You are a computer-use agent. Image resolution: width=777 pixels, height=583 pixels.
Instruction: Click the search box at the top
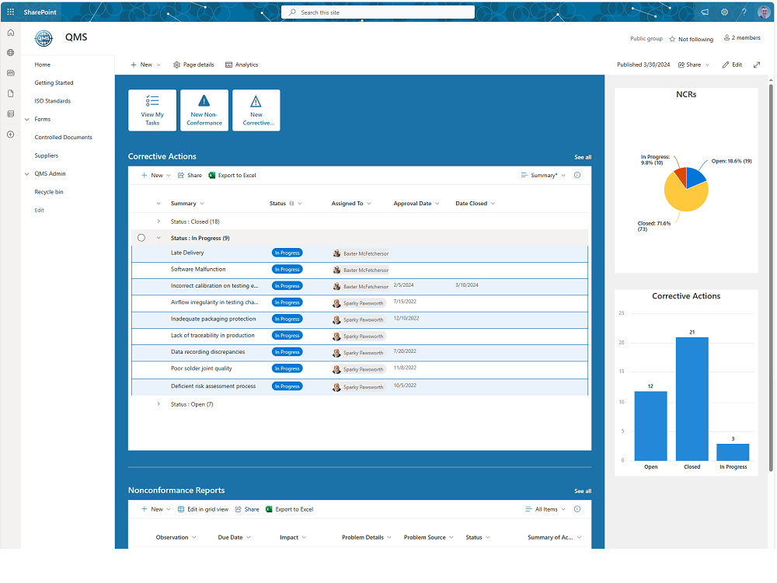coord(378,12)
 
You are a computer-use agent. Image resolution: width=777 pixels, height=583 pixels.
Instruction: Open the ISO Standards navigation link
coord(52,101)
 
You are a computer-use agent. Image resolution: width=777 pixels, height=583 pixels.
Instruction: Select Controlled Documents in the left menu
coord(63,138)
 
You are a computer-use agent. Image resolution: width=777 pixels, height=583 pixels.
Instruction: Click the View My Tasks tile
coord(152,110)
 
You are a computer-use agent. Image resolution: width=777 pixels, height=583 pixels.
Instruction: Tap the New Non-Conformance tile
coord(204,110)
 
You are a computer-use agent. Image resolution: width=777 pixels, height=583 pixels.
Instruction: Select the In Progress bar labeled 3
coord(733,452)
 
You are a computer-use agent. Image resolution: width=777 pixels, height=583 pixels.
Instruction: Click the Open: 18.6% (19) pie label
coord(731,161)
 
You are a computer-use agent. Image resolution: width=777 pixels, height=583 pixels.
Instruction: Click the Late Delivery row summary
coord(187,253)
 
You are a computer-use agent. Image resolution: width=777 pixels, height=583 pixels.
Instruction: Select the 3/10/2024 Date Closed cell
coord(467,285)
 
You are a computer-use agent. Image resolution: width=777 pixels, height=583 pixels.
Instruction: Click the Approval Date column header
coord(413,204)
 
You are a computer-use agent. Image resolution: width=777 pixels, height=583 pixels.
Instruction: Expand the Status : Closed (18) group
coord(159,222)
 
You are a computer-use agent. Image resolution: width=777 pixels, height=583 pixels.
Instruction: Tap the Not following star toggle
coord(672,39)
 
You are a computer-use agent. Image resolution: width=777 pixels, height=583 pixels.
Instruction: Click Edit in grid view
coord(203,510)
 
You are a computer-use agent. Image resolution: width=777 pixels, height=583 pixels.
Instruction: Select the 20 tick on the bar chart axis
coord(621,343)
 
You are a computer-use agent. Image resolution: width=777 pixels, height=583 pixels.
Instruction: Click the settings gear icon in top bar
coord(724,12)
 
